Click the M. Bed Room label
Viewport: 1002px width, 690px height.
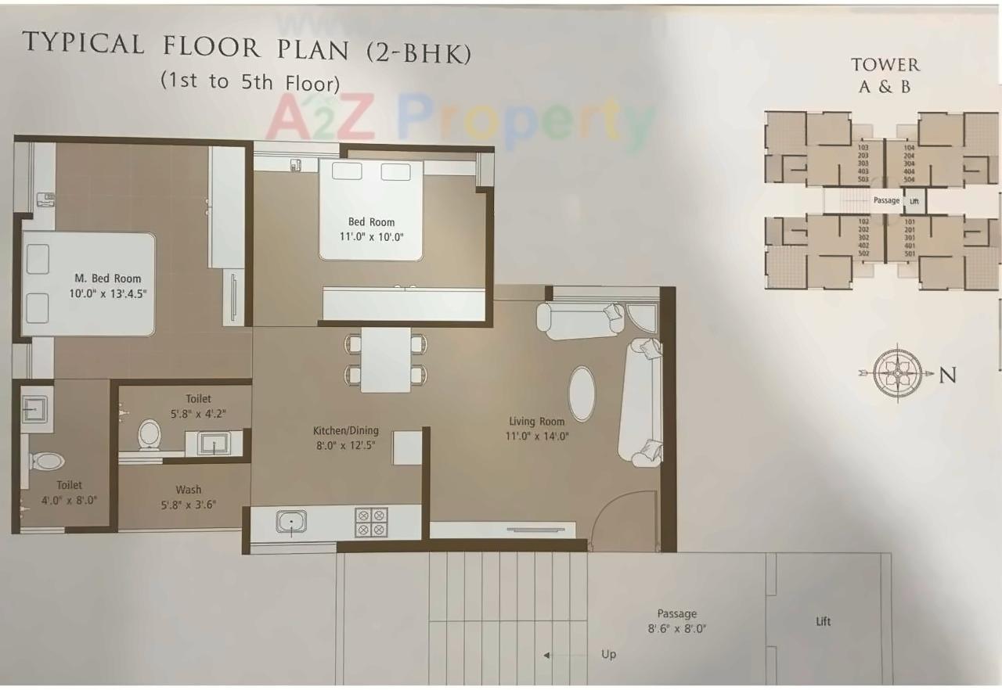[x=108, y=279]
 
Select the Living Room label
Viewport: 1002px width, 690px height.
[x=536, y=422]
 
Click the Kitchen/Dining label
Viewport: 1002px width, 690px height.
[x=345, y=430]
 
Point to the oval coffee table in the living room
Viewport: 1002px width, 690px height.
[x=581, y=394]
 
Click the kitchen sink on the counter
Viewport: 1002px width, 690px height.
[x=291, y=522]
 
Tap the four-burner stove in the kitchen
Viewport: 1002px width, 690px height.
[x=371, y=522]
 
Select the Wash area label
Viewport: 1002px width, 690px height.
[x=188, y=491]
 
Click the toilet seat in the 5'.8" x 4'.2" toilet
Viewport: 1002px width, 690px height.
[x=149, y=435]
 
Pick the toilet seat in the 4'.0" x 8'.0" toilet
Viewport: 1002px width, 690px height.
[x=48, y=461]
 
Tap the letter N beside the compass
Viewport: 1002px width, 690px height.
[x=947, y=376]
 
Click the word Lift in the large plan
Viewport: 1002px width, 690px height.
[x=823, y=622]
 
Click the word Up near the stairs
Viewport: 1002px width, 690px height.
[x=608, y=654]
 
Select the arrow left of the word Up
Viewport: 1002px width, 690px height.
[x=548, y=656]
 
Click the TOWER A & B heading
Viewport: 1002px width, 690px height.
[x=885, y=75]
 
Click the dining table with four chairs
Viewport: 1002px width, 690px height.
[x=387, y=359]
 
